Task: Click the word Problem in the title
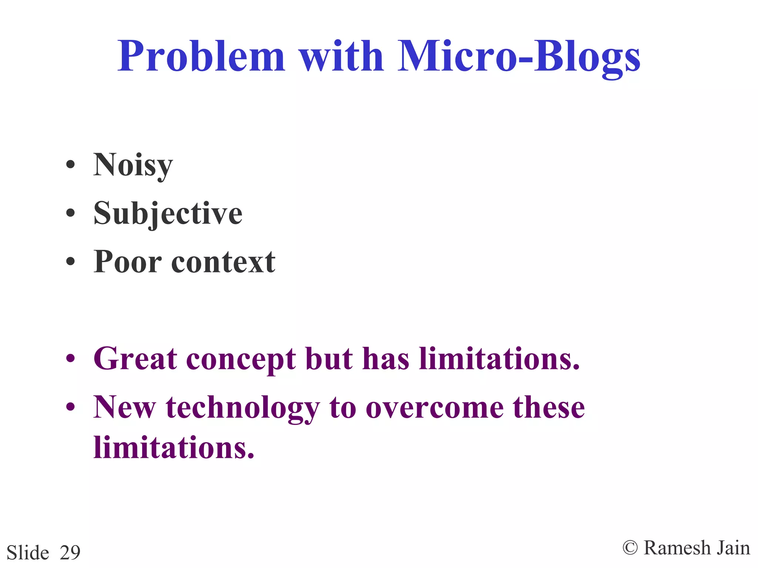(x=201, y=56)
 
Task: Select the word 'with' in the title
(x=341, y=56)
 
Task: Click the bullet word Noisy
(x=133, y=165)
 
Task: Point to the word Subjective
(x=168, y=213)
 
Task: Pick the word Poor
(x=127, y=261)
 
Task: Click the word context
(x=223, y=261)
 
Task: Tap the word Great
(x=135, y=358)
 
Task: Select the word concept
(x=241, y=359)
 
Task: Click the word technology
(x=243, y=408)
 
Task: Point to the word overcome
(x=435, y=408)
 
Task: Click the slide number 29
(x=70, y=552)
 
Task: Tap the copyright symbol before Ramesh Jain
(x=630, y=547)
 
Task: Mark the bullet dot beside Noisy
(x=70, y=165)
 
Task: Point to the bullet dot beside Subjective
(x=70, y=213)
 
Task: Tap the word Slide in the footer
(x=28, y=552)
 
